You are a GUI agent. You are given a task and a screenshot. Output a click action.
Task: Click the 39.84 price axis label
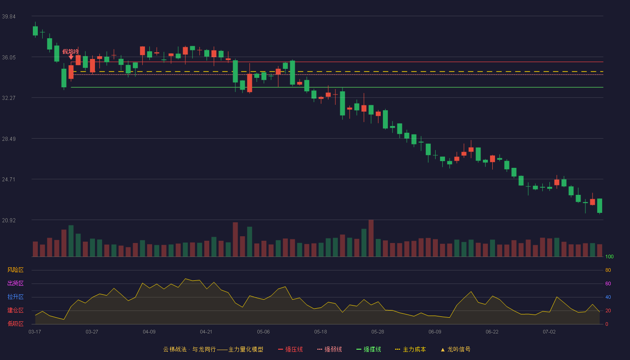[9, 17]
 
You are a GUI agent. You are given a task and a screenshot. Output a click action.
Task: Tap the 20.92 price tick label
[9, 220]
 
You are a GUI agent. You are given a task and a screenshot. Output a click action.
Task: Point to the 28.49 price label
[9, 139]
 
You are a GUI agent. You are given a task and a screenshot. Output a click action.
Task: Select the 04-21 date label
[206, 332]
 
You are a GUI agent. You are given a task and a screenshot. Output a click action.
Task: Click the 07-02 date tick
[549, 332]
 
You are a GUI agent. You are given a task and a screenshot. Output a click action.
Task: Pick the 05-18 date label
[320, 332]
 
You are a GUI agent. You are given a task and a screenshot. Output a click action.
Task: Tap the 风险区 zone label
[15, 270]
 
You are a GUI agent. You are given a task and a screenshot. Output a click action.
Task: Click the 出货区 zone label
[15, 283]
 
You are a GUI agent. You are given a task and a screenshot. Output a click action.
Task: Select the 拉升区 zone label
[15, 297]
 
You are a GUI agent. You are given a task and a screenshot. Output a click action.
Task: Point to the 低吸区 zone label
[15, 324]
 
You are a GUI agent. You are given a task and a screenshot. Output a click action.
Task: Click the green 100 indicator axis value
[609, 256]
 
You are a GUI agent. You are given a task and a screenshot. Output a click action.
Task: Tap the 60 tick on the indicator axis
[608, 283]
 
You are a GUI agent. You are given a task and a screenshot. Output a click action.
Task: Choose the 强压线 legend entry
[290, 349]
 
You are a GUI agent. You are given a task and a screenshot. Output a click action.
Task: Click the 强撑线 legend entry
[369, 349]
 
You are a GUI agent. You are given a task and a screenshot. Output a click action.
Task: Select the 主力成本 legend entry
[410, 349]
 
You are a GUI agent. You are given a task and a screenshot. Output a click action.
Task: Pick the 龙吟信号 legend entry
[455, 349]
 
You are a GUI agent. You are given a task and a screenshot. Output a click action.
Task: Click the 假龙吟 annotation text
[70, 51]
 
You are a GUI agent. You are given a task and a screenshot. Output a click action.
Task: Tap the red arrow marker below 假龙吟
[71, 57]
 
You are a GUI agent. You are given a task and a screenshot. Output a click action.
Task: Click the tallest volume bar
[371, 238]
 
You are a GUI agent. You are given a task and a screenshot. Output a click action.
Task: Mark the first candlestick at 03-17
[35, 31]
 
